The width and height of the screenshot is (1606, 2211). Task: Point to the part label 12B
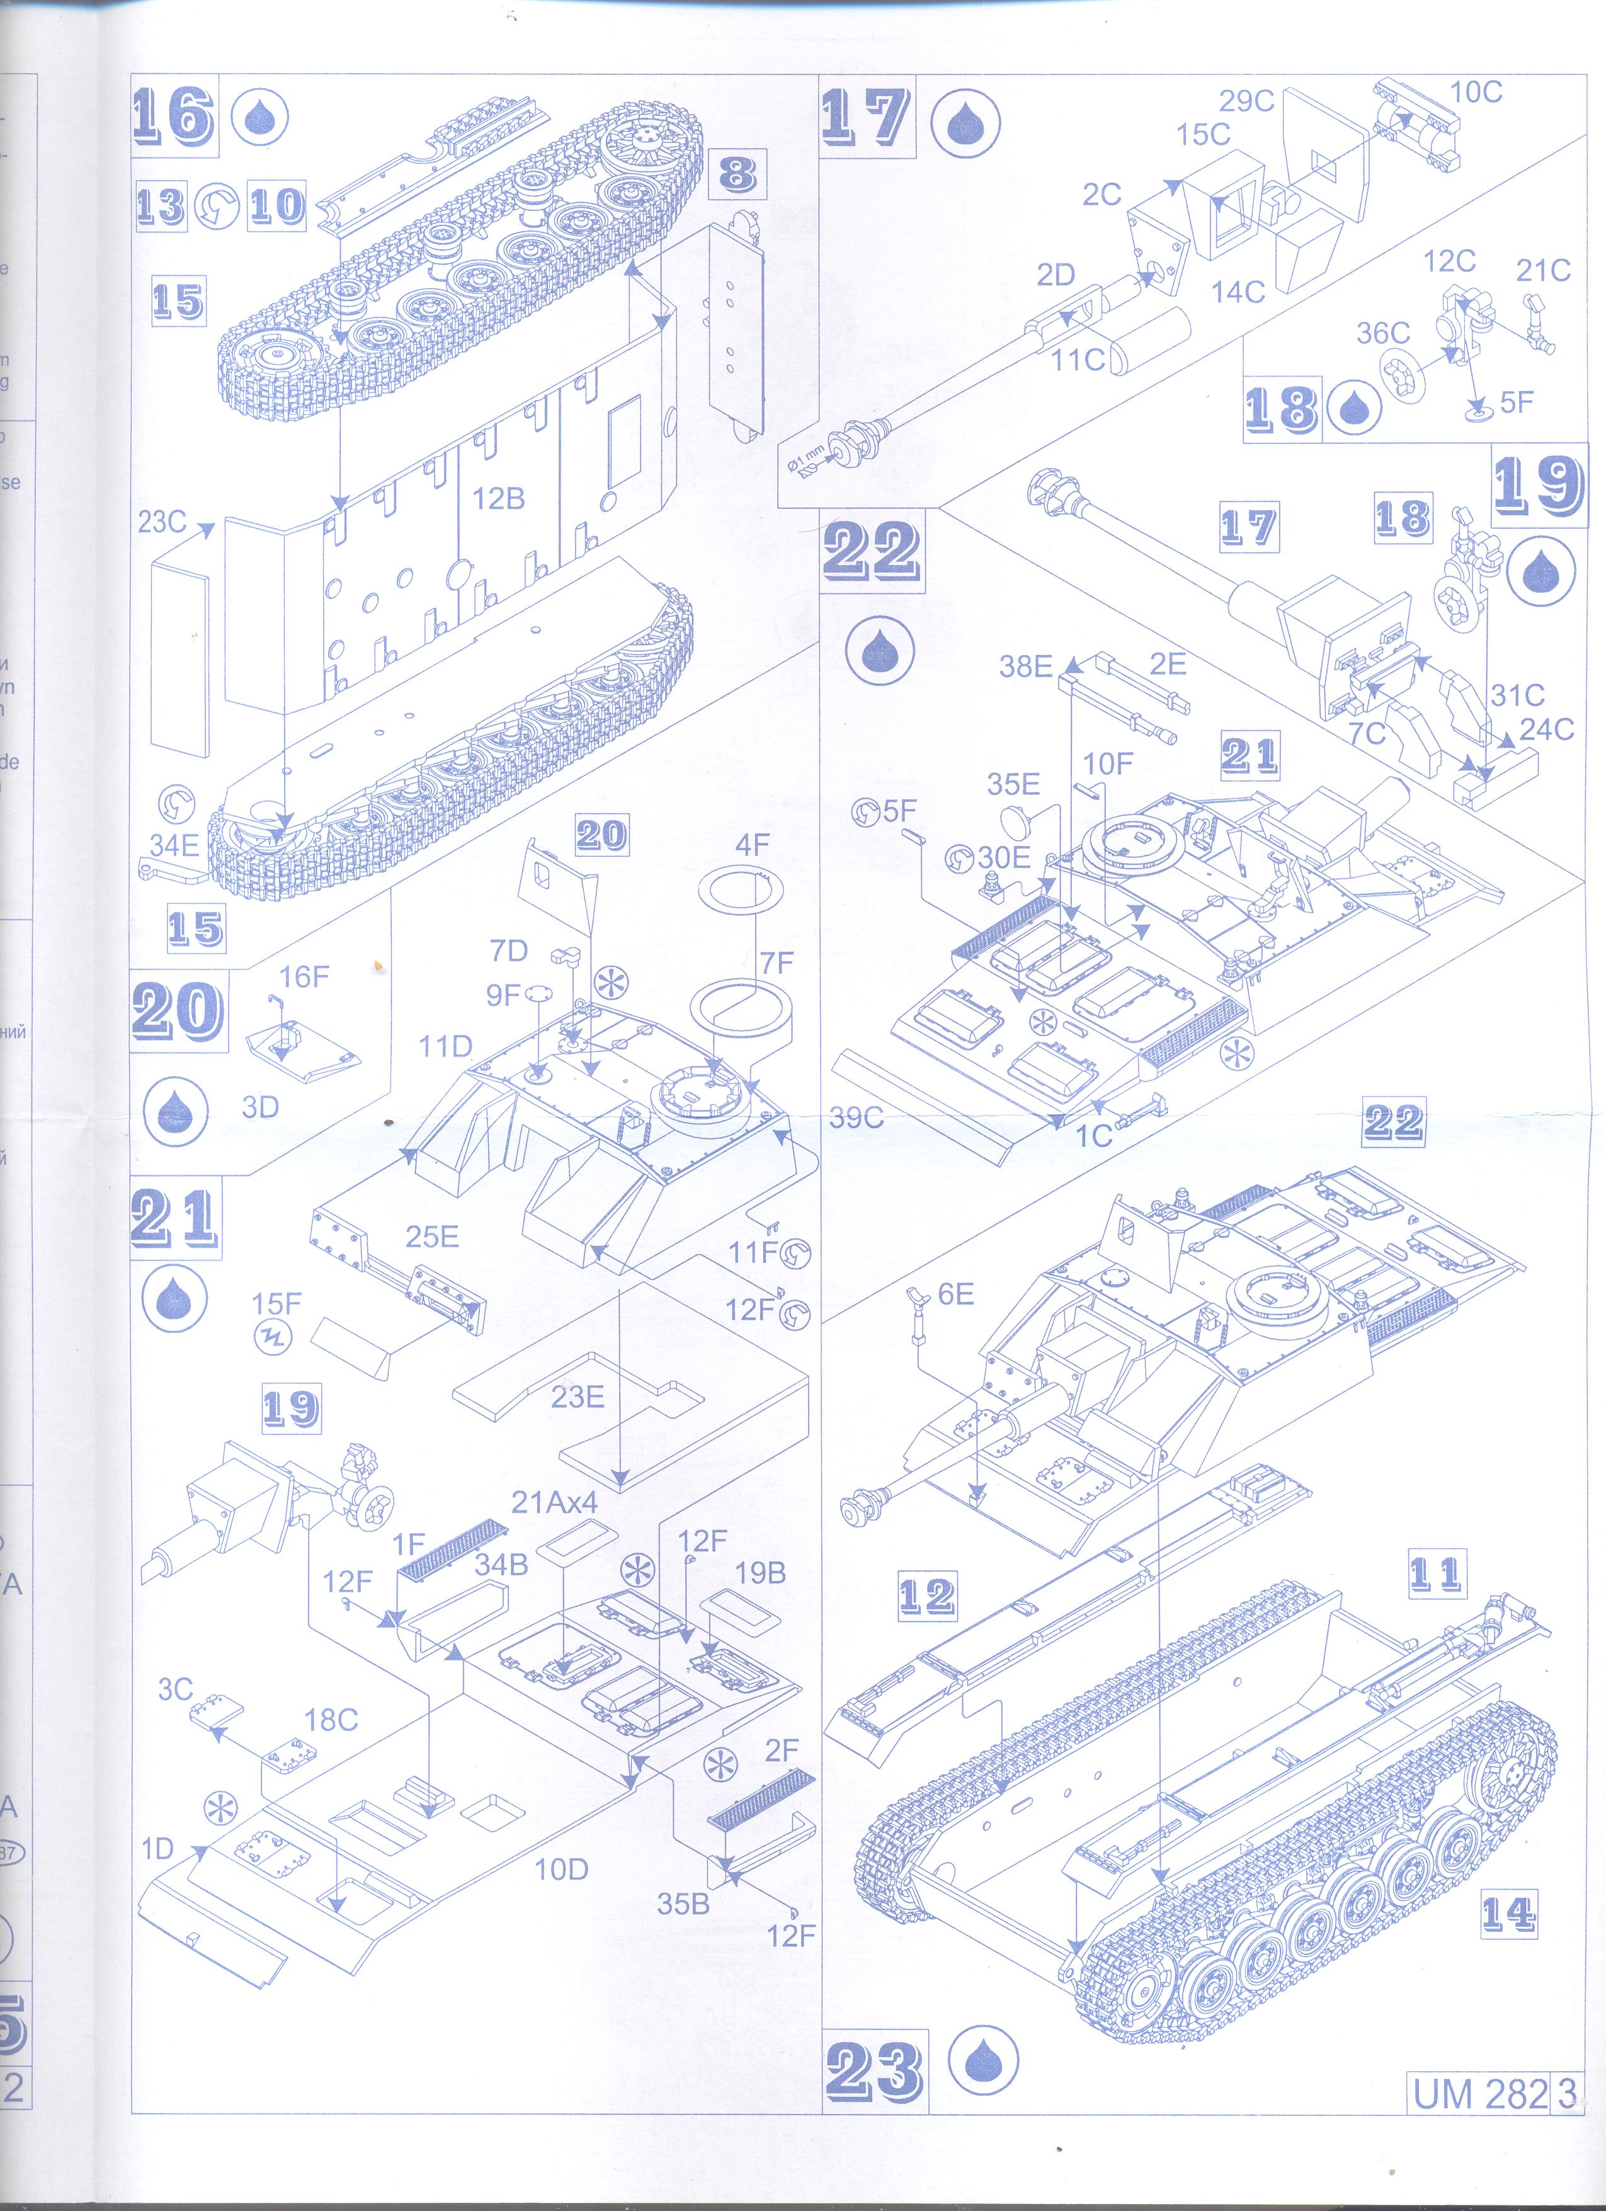click(498, 498)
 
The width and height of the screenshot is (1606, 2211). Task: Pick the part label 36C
click(1383, 333)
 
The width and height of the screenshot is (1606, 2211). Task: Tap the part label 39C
click(856, 1117)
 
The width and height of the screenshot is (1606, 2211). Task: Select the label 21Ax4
click(554, 1502)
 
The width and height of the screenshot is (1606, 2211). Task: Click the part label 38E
click(1025, 667)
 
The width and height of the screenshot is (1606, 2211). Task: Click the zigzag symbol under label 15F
click(272, 1337)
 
